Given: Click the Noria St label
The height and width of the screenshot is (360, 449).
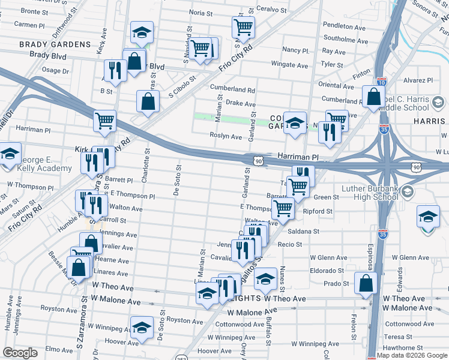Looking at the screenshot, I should pyautogui.click(x=201, y=12).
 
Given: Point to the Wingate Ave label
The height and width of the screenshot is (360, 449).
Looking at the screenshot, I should pyautogui.click(x=289, y=65).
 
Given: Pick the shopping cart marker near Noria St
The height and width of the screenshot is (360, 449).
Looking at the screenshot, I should pyautogui.click(x=243, y=26).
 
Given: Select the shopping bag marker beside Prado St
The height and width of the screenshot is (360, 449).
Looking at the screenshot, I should pyautogui.click(x=366, y=282).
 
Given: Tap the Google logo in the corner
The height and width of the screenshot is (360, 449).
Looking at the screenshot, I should pyautogui.click(x=20, y=353).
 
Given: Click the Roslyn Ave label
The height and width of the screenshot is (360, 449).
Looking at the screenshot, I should pyautogui.click(x=225, y=137).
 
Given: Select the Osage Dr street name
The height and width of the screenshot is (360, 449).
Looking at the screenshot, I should pyautogui.click(x=56, y=70).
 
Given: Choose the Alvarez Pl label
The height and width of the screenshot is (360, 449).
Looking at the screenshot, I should pyautogui.click(x=418, y=80).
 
